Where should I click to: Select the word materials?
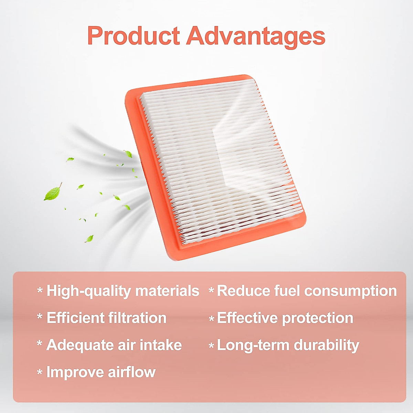point(167,291)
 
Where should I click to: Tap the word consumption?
point(350,291)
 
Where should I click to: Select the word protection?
point(318,318)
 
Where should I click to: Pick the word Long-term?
point(253,346)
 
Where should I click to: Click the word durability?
point(326,346)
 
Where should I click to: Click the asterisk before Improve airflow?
point(40,372)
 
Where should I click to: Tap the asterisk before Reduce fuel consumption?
point(211,290)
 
